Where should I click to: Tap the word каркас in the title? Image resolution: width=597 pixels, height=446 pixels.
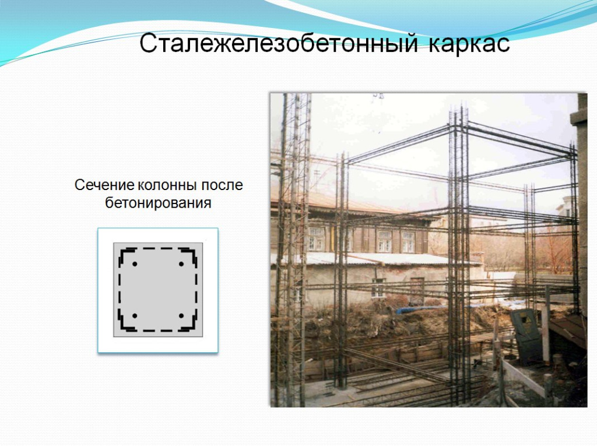click(470, 44)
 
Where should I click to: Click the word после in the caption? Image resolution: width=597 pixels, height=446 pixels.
click(222, 185)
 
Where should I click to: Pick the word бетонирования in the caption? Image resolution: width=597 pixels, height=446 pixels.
click(158, 203)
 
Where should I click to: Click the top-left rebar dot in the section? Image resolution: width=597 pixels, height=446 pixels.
click(135, 264)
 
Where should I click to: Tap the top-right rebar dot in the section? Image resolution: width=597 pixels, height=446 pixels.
click(181, 264)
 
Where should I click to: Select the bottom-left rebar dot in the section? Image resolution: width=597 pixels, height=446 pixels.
click(135, 316)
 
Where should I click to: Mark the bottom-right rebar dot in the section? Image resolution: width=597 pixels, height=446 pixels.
click(181, 316)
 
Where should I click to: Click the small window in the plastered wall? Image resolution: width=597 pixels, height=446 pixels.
click(378, 288)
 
